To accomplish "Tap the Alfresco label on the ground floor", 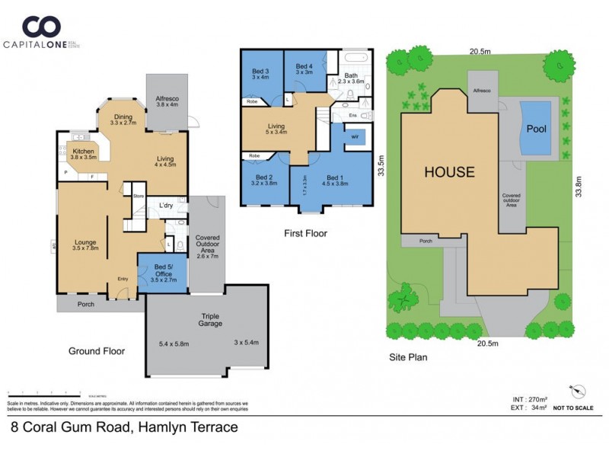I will click(x=167, y=97).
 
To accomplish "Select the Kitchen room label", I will click(x=83, y=152).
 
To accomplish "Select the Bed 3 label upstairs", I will click(x=260, y=70).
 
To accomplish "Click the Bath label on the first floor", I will click(x=351, y=75).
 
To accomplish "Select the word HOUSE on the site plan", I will click(x=449, y=172).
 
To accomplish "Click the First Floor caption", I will click(x=304, y=234).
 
